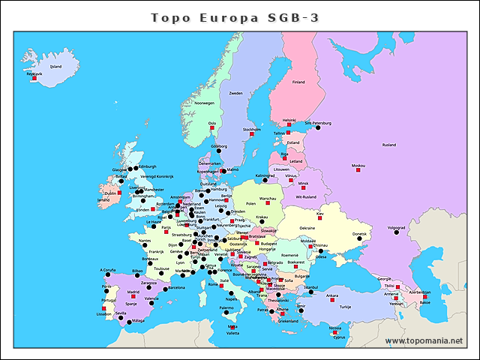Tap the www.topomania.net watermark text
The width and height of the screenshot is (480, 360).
tap(424, 341)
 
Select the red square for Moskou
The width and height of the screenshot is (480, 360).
tap(358, 171)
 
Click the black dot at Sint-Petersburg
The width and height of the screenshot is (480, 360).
tap(317, 128)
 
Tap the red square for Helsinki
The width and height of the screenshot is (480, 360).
tap(289, 125)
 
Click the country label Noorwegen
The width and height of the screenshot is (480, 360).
tap(205, 103)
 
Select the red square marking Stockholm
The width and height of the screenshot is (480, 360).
tap(252, 134)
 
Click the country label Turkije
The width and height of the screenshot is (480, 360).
tap(345, 307)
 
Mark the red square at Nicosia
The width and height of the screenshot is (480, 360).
tap(335, 332)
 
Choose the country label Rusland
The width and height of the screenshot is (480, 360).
tap(389, 145)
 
